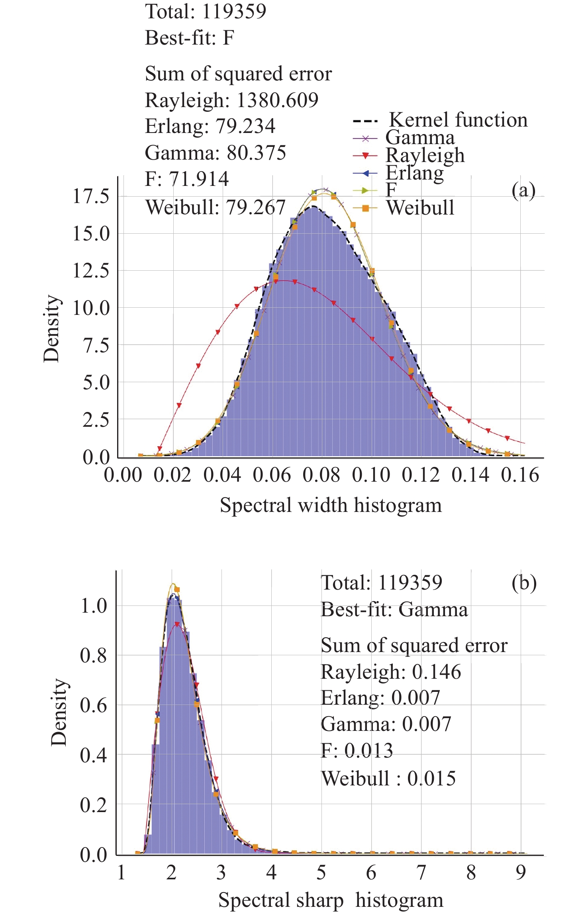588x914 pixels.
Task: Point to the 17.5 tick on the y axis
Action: point(91,196)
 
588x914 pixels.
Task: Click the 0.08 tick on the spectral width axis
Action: point(321,475)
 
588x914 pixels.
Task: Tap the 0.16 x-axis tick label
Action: point(520,475)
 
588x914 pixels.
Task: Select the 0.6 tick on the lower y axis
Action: point(93,705)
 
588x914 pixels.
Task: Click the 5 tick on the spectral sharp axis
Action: point(321,873)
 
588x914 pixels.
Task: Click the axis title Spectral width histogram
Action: point(331,505)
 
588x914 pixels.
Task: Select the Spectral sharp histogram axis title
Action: point(331,900)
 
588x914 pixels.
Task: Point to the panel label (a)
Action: point(523,190)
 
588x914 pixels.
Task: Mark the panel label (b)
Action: point(524,583)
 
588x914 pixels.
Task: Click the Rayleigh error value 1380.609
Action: point(277,100)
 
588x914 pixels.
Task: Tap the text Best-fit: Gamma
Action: point(394,609)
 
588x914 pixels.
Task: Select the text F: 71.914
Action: point(186,179)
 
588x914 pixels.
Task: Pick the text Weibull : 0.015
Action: point(388,779)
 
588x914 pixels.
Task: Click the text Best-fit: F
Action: point(189,38)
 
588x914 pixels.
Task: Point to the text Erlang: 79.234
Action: point(210,126)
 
